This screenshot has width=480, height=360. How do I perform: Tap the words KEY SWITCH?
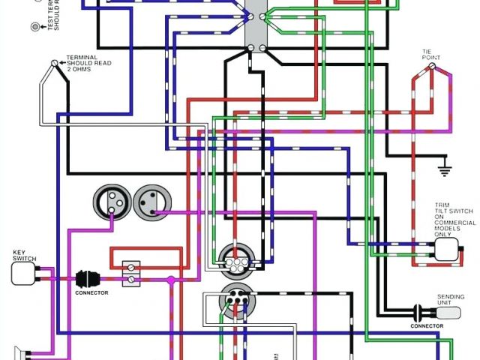(x=24, y=255)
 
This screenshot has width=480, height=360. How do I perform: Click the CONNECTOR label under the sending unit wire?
(x=427, y=325)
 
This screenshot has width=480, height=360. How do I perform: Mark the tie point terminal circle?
(x=433, y=67)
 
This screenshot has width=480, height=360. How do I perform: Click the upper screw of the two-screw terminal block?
(x=132, y=265)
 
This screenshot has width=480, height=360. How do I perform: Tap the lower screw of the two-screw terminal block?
(x=132, y=278)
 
